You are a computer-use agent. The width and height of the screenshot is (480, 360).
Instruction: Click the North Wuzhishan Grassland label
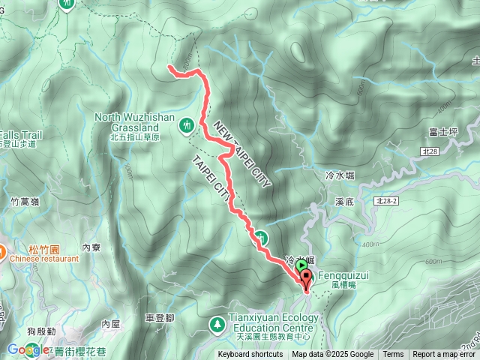coord(136,122)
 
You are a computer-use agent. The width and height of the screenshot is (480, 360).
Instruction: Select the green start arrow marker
coord(301,265)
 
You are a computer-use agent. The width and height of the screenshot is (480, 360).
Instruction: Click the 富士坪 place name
coord(443,132)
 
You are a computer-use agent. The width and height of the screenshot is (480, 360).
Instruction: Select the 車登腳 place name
coord(159,318)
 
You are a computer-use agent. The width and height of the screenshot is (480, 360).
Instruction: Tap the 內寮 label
coord(91,247)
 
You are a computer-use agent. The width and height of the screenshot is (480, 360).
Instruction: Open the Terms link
coord(393,355)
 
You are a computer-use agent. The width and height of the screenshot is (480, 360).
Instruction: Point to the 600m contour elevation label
coord(433,261)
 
